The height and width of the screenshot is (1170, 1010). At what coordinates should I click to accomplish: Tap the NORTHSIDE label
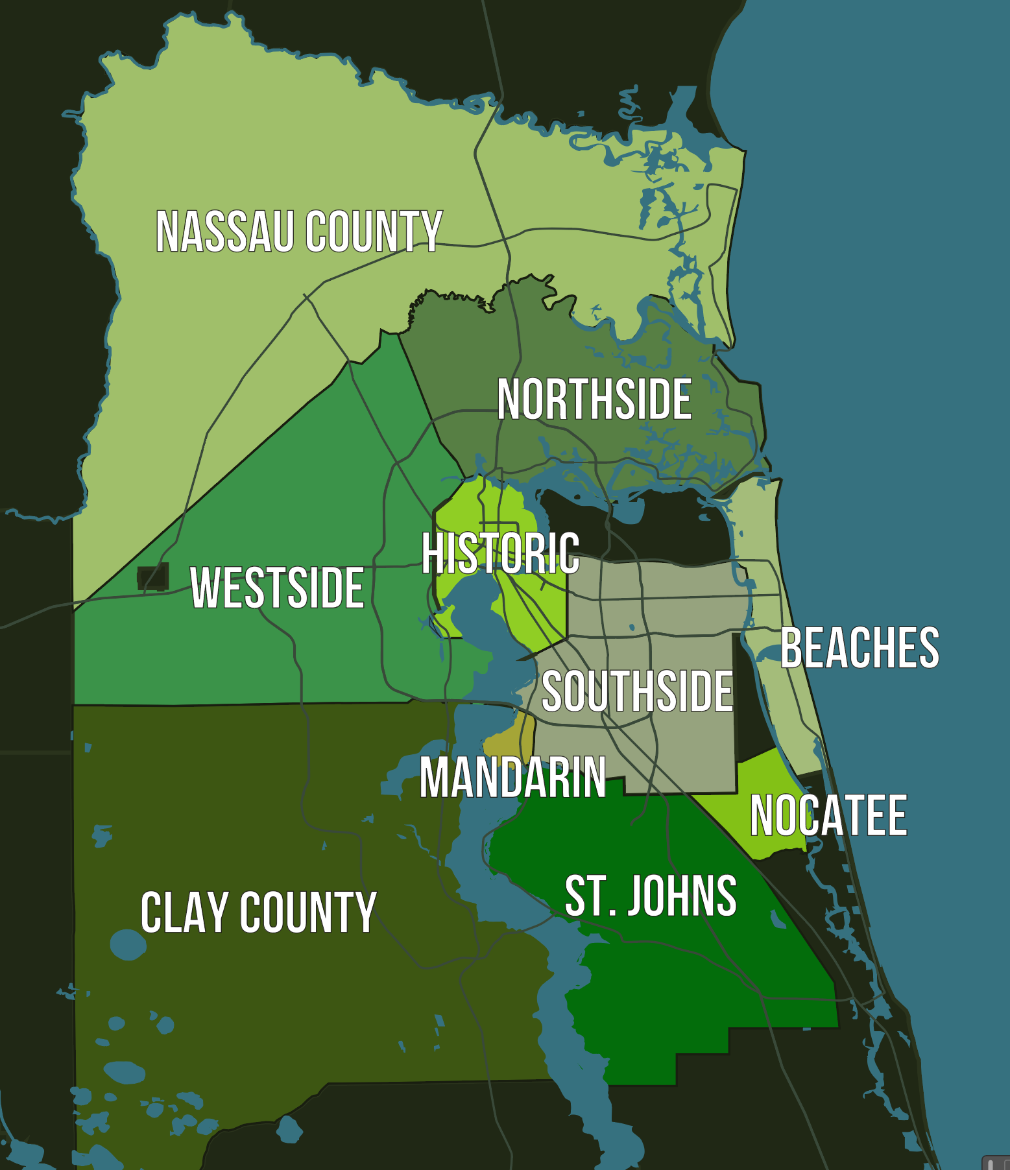594,400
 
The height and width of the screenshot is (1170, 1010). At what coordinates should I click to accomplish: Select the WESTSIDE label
277,588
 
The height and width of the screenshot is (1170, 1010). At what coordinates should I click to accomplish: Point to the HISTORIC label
500,553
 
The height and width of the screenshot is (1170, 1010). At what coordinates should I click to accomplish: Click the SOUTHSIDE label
637,691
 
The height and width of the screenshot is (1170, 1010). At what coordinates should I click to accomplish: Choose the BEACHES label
860,647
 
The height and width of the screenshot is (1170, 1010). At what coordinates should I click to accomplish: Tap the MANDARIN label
512,777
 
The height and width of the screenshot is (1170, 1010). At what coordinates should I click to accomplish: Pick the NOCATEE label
828,815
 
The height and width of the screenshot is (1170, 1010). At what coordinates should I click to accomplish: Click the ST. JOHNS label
651,896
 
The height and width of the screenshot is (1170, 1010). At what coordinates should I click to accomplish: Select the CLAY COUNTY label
258,913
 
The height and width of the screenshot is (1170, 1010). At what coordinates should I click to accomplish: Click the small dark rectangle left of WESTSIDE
153,577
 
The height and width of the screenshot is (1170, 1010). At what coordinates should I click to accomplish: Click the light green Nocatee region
765,778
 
